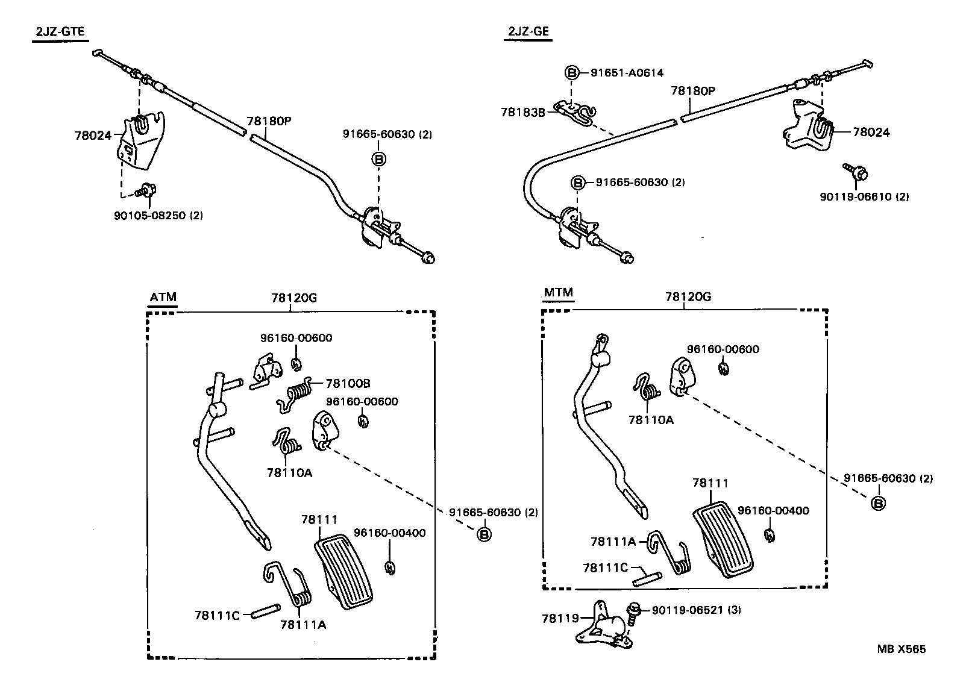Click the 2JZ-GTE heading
[59, 32]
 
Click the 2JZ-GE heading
[528, 32]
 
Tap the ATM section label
[163, 297]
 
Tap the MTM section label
[558, 293]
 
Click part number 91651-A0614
[627, 73]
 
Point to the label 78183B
[522, 112]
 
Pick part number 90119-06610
[864, 197]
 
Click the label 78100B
[348, 383]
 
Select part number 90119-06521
[688, 610]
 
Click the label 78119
[560, 618]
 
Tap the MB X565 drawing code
[901, 649]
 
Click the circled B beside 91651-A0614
[571, 73]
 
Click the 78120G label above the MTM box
[688, 297]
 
